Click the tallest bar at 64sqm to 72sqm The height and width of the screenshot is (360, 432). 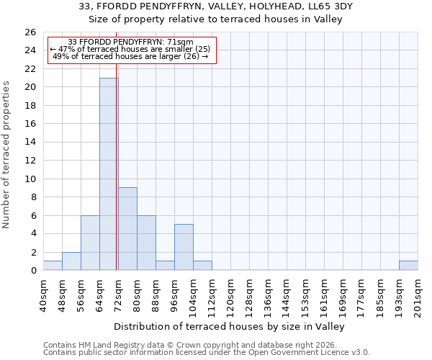tap(109, 174)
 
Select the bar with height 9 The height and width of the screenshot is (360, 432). tap(127, 228)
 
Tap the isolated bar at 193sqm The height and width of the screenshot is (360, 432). tap(408, 265)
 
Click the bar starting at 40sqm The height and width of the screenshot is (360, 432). tap(53, 265)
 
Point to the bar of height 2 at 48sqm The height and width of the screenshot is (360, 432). tap(71, 261)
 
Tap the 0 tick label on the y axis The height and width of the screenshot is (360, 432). tap(32, 270)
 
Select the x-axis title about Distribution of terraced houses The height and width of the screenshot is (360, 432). tap(230, 326)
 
